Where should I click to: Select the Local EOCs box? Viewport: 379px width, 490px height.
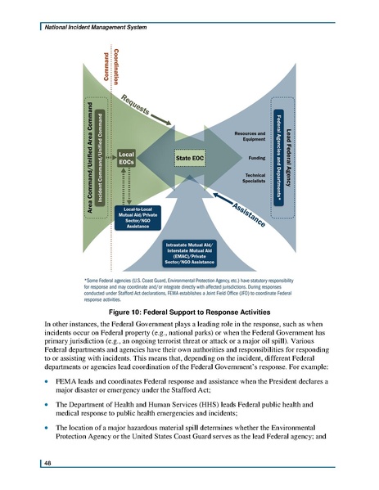coord(127,158)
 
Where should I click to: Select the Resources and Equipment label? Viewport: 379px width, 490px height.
coord(249,135)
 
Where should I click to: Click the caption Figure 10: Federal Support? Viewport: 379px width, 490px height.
coord(188,312)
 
